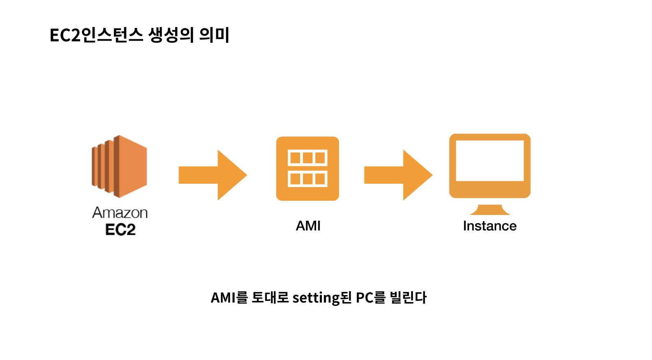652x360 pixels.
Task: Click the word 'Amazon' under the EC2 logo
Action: pos(120,213)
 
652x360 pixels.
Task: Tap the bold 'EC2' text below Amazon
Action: pos(120,230)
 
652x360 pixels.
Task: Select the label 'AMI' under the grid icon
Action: pos(308,226)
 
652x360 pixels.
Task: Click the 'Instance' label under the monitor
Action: pos(490,226)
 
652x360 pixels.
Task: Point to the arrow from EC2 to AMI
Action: pos(213,175)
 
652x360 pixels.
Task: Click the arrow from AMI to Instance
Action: pos(398,175)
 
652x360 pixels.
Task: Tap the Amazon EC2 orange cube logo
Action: pos(119,166)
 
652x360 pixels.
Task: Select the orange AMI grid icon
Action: pos(308,168)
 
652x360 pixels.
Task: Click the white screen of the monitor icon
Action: pos(490,161)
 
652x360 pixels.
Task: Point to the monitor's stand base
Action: pos(490,210)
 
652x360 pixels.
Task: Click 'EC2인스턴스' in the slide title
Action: pos(97,35)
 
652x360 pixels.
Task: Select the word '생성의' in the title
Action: pos(171,35)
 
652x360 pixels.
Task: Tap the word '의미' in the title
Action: pos(215,35)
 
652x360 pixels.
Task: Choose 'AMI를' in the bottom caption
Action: pos(229,298)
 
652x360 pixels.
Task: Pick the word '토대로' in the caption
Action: pos(270,298)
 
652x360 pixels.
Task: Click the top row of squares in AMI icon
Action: pos(308,158)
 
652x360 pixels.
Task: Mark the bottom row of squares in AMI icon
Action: pos(308,179)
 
